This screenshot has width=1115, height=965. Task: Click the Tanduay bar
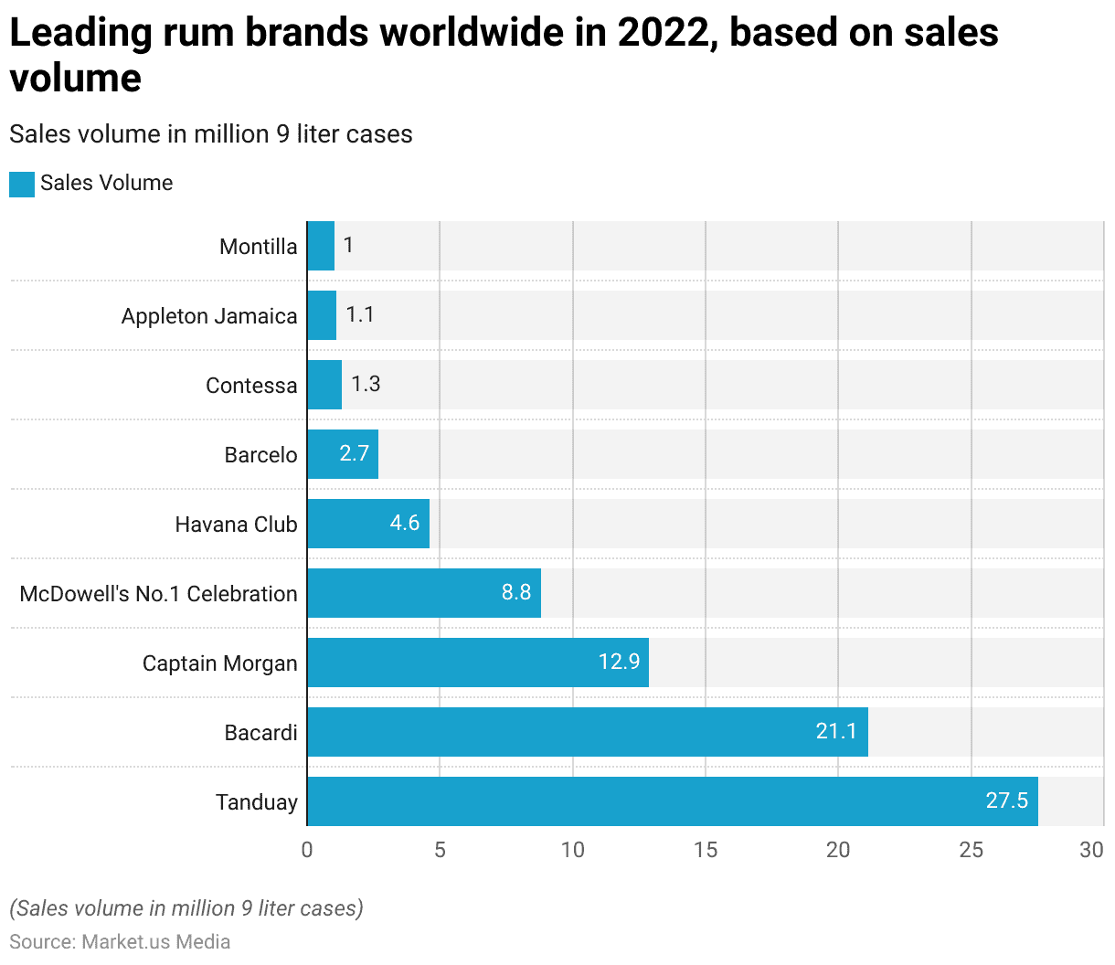click(672, 801)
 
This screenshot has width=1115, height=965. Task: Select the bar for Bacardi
click(587, 732)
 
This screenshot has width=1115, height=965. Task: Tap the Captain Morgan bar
click(477, 663)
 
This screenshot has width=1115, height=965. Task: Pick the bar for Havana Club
click(367, 524)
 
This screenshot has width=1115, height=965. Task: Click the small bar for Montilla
click(321, 246)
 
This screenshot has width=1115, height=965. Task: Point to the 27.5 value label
click(1006, 801)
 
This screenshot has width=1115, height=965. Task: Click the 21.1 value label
click(836, 731)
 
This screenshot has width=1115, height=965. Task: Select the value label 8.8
click(515, 592)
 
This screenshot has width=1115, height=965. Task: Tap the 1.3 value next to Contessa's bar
click(366, 384)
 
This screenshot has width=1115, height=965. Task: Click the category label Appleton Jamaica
click(209, 316)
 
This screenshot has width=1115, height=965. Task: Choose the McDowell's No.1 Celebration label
click(158, 594)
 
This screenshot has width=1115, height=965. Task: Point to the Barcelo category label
click(260, 455)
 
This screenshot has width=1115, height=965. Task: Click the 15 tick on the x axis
click(706, 850)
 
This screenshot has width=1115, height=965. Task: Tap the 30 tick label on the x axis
click(1091, 850)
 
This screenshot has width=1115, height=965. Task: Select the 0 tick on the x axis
click(307, 850)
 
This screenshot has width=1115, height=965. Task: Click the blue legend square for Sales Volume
click(22, 184)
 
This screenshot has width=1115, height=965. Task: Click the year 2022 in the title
click(666, 34)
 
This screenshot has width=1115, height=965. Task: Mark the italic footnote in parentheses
click(186, 908)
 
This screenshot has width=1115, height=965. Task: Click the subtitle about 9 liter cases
click(211, 134)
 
